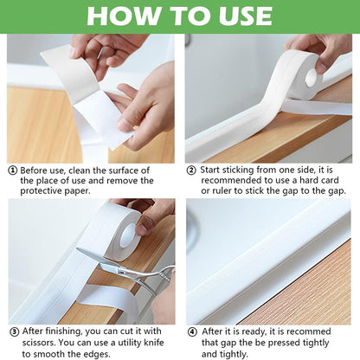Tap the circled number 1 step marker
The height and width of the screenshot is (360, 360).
[12, 170]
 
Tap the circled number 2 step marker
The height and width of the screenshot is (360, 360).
[192, 170]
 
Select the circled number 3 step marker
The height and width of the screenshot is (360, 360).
[13, 331]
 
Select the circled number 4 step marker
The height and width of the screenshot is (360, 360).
[192, 331]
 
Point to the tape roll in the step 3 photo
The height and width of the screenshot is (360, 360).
[125, 226]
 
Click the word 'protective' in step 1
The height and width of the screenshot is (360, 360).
[42, 191]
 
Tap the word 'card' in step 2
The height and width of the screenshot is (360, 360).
[333, 180]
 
